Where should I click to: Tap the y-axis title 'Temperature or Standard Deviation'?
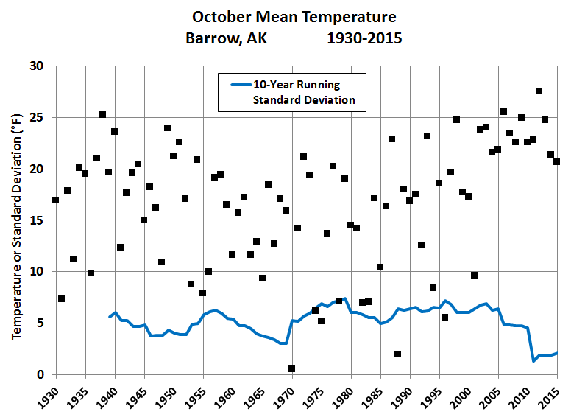[16, 220]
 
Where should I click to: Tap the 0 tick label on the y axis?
[40, 375]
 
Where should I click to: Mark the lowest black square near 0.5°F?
[291, 369]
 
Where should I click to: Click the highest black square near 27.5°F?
[539, 91]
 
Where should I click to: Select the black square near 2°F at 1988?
[397, 354]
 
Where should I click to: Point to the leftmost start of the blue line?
[109, 317]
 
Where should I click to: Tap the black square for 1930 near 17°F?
[55, 200]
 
